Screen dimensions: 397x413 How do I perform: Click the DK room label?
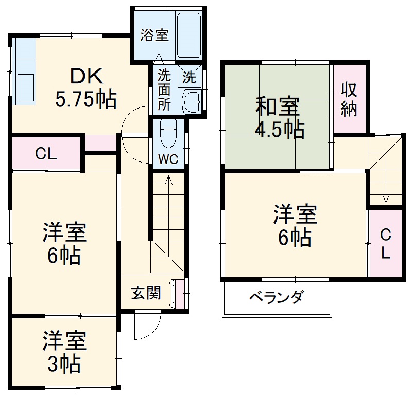pyautogui.click(x=86, y=76)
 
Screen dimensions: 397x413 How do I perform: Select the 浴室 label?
pyautogui.click(x=155, y=35)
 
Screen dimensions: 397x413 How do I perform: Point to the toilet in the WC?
pyautogui.click(x=168, y=133)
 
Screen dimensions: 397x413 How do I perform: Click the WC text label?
pyautogui.click(x=168, y=159)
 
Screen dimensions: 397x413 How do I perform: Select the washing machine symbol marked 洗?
pyautogui.click(x=189, y=77)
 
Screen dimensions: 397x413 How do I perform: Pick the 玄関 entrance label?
pyautogui.click(x=146, y=293)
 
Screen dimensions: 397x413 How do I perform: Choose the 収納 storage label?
pyautogui.click(x=349, y=99)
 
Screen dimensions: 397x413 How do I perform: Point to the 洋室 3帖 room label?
pyautogui.click(x=64, y=352)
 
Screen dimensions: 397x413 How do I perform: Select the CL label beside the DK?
pyautogui.click(x=46, y=153)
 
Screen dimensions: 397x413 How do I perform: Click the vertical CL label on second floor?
pyautogui.click(x=386, y=244)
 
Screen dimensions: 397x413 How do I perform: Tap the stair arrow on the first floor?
pyautogui.click(x=168, y=185)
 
